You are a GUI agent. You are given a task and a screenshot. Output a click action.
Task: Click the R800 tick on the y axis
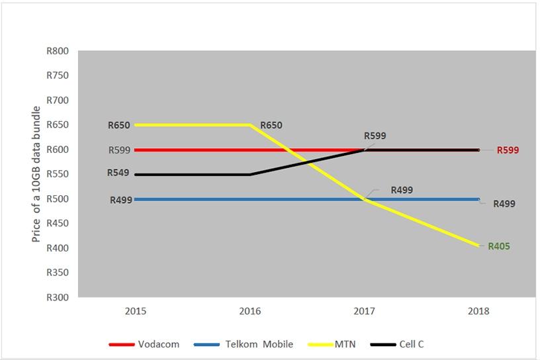[x=58, y=51]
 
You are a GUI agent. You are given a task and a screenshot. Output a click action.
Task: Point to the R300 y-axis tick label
[x=58, y=297]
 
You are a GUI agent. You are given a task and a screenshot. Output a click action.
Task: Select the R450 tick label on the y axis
[x=58, y=223]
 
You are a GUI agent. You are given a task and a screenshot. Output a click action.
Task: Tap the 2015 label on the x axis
[x=136, y=311]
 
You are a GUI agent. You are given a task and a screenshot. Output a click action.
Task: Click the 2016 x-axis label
[x=250, y=311]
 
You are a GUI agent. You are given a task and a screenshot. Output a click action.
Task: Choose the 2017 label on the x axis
[x=365, y=311]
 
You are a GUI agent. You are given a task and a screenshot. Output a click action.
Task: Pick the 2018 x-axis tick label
[x=478, y=311]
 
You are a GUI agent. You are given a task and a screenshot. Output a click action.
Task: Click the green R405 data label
[x=499, y=246]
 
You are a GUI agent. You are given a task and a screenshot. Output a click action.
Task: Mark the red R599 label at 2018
[x=508, y=150]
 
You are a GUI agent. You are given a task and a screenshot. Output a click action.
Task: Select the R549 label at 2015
[x=119, y=173]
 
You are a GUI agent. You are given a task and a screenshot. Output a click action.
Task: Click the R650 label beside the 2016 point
[x=271, y=125]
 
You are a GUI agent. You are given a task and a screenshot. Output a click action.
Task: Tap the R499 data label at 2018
[x=504, y=204]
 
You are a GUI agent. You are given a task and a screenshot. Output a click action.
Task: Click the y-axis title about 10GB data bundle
[x=37, y=173]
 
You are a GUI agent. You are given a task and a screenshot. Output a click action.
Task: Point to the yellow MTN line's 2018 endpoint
[x=478, y=246]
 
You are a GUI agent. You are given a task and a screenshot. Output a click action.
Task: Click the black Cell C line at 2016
[x=250, y=174]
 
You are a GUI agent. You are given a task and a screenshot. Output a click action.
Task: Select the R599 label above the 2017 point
[x=375, y=136]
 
